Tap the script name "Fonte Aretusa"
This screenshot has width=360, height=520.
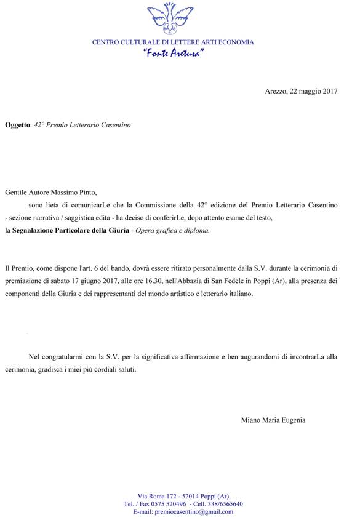point(174,54)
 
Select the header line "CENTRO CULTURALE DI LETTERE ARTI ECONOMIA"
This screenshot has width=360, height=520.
point(173,42)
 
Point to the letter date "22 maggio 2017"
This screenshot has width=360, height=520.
point(313,91)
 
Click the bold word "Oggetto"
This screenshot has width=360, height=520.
point(17,124)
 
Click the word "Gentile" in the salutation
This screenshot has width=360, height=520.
point(16,193)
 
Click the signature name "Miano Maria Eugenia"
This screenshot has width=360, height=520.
point(273,420)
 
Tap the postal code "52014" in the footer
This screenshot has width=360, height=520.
point(183,496)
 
